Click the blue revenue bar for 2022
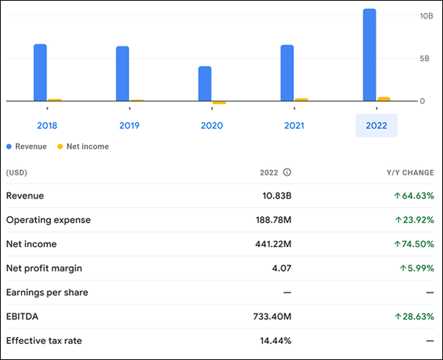point(369,55)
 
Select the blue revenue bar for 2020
point(205,83)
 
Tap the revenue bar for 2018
point(40,72)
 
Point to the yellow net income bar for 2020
point(219,103)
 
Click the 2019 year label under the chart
point(129,126)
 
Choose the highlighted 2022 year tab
point(377,126)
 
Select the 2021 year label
point(294,126)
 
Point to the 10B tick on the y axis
point(426,15)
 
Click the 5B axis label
point(425,58)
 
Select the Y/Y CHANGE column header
point(407,173)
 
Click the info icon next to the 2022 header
point(287,173)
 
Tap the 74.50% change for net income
point(413,244)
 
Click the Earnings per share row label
point(47,293)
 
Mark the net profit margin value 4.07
point(281,269)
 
